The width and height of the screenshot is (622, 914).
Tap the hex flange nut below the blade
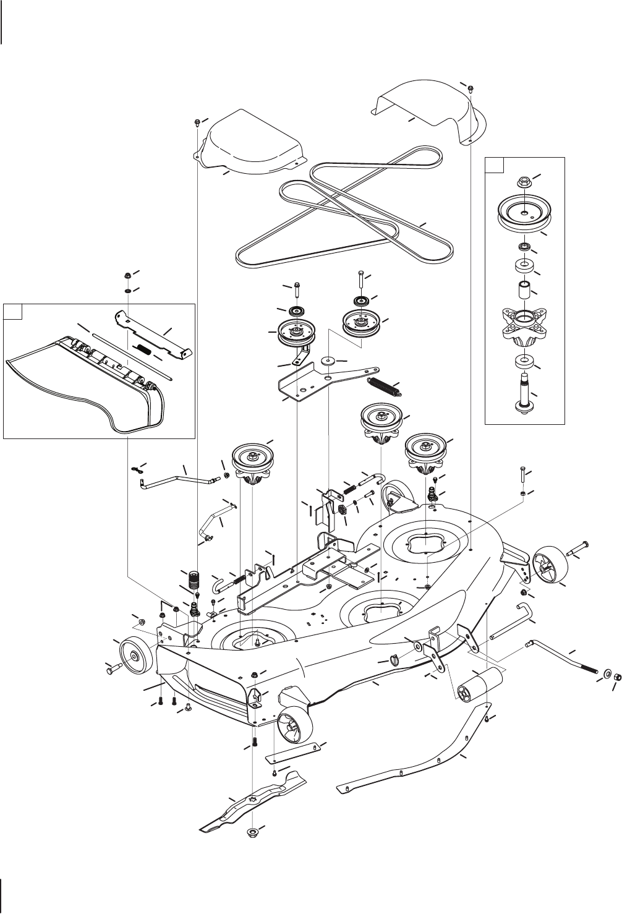[253, 830]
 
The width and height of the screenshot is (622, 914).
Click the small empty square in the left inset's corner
[13, 312]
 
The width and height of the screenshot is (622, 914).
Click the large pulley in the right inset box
[524, 215]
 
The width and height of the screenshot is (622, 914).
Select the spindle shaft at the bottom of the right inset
[524, 391]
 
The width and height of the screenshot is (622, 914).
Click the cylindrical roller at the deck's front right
[479, 683]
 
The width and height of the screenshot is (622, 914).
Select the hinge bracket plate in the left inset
[153, 335]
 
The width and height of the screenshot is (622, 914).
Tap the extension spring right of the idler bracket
[384, 386]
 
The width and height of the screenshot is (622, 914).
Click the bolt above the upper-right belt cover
[471, 88]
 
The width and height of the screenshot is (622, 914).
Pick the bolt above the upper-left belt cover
[197, 121]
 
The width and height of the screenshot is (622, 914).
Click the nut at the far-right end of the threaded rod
[616, 674]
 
